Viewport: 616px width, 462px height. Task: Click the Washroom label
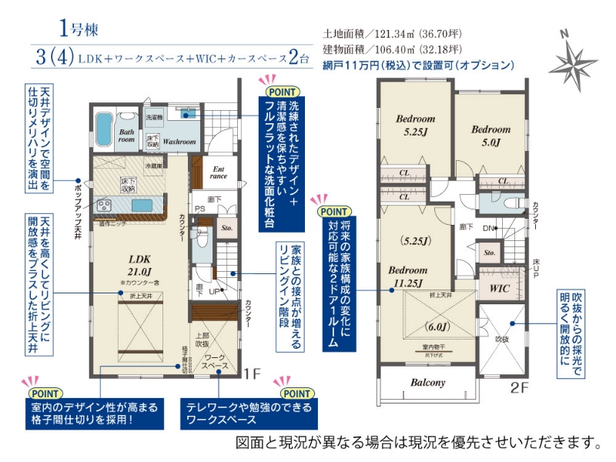tap(179, 142)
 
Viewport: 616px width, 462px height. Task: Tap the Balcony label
tap(427, 382)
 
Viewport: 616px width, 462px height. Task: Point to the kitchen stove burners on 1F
tap(104, 204)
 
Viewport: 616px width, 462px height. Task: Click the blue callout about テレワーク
tap(248, 413)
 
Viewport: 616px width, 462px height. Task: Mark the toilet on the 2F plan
tap(494, 203)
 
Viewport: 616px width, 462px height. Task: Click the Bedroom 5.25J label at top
tap(416, 126)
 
